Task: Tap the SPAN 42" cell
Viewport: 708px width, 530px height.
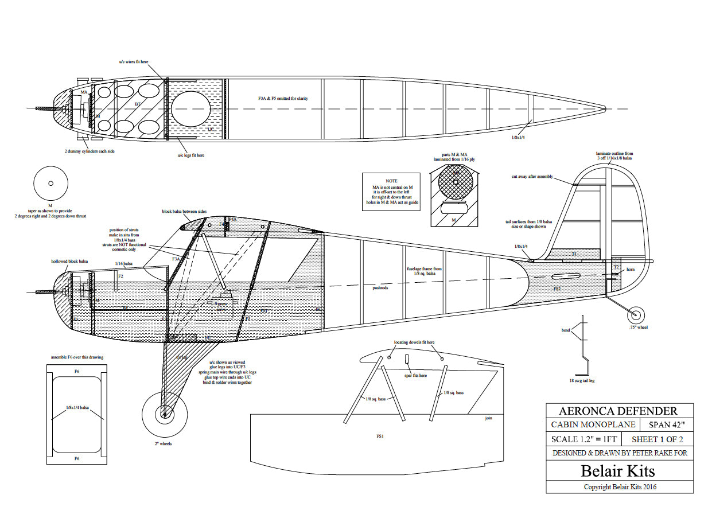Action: pos(670,425)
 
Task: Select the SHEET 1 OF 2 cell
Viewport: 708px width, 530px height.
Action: pos(657,439)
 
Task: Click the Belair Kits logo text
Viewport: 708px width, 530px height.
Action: pos(617,471)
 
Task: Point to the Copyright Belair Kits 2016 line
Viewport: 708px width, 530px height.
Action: pos(620,487)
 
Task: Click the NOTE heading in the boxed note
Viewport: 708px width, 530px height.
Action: pos(391,181)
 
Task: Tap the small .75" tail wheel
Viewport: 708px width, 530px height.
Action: pos(635,315)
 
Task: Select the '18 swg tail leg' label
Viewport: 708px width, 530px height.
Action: pos(582,380)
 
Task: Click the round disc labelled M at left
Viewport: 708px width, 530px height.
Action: pos(50,184)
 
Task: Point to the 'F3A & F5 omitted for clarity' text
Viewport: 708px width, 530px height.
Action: pos(283,99)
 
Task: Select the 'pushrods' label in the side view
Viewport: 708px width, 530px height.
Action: pos(380,288)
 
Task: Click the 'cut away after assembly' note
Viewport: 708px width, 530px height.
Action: pos(532,177)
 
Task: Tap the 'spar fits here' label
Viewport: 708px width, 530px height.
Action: pos(415,375)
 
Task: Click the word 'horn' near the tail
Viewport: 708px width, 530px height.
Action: pos(631,269)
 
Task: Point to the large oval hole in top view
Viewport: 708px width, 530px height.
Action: pos(191,108)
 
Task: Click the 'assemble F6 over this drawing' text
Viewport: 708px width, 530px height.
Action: pos(77,357)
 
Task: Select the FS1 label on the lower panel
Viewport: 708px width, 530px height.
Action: pos(380,437)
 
